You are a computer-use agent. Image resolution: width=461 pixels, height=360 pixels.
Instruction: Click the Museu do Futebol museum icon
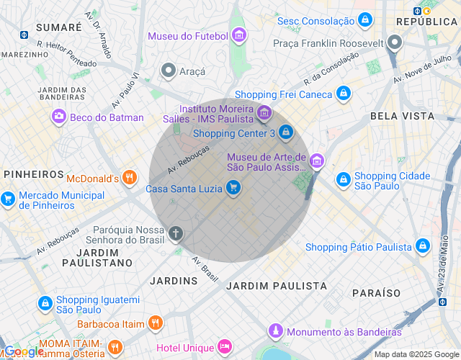click(x=239, y=35)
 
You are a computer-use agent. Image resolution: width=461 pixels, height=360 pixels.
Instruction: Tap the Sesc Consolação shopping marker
click(x=366, y=19)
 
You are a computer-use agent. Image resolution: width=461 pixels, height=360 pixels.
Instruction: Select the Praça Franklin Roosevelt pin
click(x=394, y=43)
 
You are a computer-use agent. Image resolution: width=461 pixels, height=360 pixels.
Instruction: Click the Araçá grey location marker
click(x=169, y=70)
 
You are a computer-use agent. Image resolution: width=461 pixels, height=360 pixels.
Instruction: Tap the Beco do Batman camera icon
click(x=58, y=117)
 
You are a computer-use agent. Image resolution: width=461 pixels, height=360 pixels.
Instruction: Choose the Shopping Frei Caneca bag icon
click(x=344, y=94)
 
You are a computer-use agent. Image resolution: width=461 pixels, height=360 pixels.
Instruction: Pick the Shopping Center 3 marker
click(x=287, y=132)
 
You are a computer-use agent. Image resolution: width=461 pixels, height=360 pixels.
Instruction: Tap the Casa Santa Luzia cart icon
click(x=232, y=188)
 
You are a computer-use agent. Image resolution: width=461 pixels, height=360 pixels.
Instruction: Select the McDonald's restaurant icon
click(x=130, y=177)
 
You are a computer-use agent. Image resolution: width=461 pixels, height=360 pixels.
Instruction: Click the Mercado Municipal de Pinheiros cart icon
click(x=8, y=199)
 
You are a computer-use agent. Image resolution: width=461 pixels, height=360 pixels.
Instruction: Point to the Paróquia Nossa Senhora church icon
click(x=176, y=233)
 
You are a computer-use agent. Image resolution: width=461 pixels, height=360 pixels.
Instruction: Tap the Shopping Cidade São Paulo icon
click(x=344, y=179)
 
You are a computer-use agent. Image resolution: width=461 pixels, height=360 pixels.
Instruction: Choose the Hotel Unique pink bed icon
click(x=225, y=347)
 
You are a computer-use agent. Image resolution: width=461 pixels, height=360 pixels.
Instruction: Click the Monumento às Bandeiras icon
click(x=274, y=331)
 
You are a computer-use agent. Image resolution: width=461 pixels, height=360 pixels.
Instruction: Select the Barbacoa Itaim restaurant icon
click(x=154, y=323)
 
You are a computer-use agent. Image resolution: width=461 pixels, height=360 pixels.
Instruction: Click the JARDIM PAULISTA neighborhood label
click(x=277, y=286)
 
